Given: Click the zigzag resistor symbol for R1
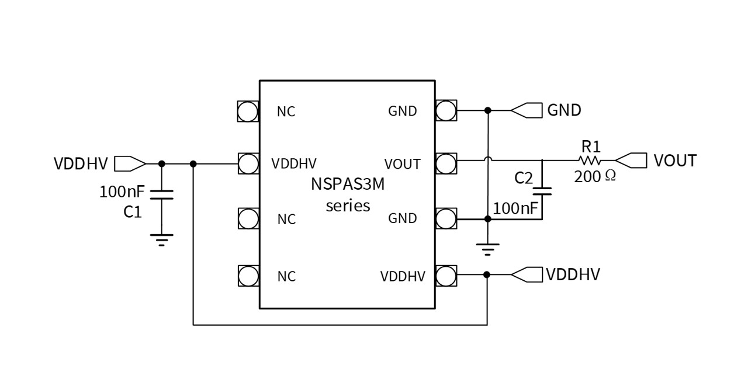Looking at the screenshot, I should click(590, 160).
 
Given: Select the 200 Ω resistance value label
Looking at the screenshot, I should click(595, 176).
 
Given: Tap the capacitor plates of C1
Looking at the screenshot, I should click(162, 194).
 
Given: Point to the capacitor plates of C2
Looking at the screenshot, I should click(542, 191).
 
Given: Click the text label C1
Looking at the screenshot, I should click(133, 212).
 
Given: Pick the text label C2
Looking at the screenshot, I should click(524, 178).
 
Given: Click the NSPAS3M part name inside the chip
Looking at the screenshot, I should click(348, 186).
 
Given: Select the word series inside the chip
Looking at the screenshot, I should click(348, 206).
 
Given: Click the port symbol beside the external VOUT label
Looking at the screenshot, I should click(631, 160).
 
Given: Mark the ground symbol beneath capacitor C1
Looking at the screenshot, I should click(162, 239).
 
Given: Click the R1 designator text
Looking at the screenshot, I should click(591, 146).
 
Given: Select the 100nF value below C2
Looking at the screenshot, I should click(515, 208).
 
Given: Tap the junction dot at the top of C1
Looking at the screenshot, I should click(162, 164).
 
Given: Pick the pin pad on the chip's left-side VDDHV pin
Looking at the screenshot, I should click(248, 163).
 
